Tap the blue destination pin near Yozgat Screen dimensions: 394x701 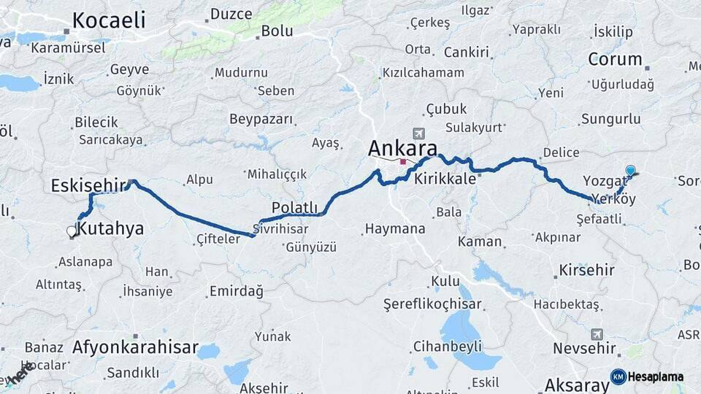[x=630, y=171]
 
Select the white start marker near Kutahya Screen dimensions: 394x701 [x=72, y=231]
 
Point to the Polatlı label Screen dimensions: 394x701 [x=295, y=206]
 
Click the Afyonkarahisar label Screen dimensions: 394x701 [x=135, y=347]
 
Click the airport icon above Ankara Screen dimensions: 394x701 [x=418, y=134]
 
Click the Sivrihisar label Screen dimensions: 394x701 [x=281, y=228]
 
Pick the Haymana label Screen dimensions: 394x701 [x=394, y=229]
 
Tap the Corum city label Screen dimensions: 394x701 [x=615, y=59]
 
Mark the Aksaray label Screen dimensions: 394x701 [x=576, y=385]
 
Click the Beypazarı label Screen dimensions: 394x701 [x=261, y=119]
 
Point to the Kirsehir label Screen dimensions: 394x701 [x=586, y=270]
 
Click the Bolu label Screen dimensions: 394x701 [x=277, y=31]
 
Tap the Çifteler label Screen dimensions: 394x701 [x=218, y=239]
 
